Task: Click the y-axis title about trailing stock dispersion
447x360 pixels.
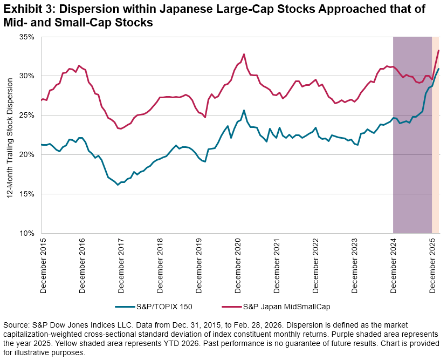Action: click(x=10, y=135)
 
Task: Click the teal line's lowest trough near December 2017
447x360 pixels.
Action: click(x=118, y=185)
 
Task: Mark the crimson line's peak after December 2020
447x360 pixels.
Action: click(x=244, y=54)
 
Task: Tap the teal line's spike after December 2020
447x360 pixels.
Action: click(x=244, y=110)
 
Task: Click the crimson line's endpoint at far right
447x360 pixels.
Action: click(x=439, y=50)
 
